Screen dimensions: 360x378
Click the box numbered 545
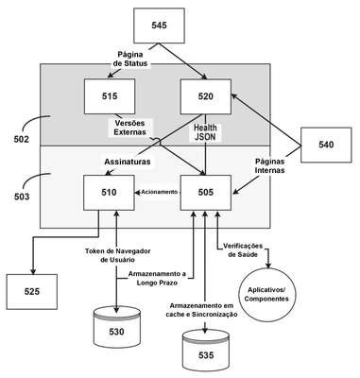pos(159,26)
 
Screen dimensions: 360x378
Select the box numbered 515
pos(110,96)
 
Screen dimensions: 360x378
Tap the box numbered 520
pos(206,96)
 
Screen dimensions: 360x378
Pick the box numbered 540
pos(326,145)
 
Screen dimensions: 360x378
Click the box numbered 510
pos(109,193)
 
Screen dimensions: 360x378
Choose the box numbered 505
pos(206,193)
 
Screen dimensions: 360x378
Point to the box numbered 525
pos(32,292)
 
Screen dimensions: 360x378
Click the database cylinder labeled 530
pos(116,328)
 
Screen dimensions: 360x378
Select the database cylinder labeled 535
pos(206,350)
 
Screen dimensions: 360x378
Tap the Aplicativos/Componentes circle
pos(266,295)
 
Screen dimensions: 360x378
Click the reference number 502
pos(22,139)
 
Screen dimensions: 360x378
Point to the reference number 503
pos(22,197)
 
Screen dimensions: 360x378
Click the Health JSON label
pos(205,132)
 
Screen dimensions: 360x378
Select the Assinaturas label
pos(128,162)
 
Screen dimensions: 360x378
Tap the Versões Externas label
pos(129,128)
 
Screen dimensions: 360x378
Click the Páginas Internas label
pos(269,165)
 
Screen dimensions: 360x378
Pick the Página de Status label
pos(130,59)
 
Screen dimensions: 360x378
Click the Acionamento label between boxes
pos(159,192)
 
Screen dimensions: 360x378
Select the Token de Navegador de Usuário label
pos(117,255)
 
